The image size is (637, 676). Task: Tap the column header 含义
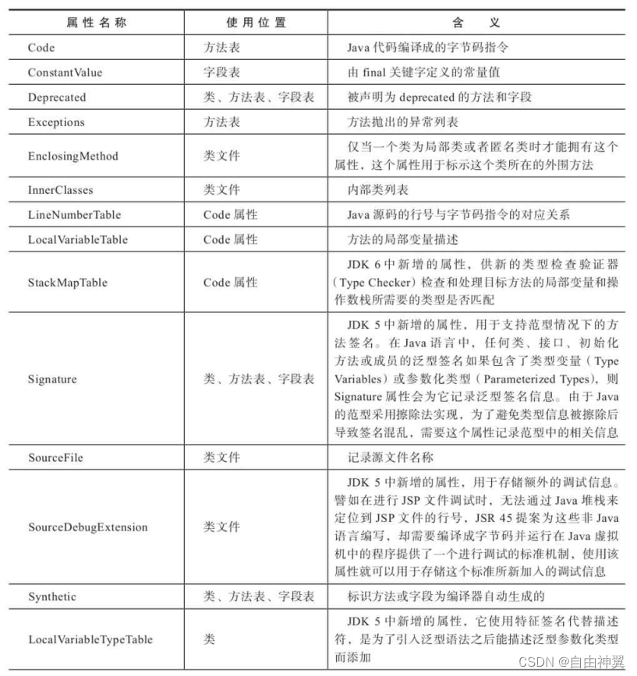tap(479, 23)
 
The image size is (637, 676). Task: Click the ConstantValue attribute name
tap(65, 72)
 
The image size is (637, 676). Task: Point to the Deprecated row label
tap(57, 97)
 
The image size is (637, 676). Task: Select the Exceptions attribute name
tap(56, 122)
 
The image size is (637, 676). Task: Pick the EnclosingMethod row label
tap(73, 156)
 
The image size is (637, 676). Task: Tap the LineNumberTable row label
tap(74, 214)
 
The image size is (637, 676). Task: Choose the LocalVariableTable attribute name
tap(77, 239)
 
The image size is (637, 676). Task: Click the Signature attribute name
tap(52, 379)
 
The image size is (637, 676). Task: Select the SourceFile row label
tap(55, 457)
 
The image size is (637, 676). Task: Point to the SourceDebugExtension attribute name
tap(87, 527)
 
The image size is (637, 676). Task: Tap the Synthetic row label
tap(52, 597)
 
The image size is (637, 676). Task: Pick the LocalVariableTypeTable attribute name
tap(90, 639)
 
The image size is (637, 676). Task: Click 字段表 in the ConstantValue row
tap(222, 72)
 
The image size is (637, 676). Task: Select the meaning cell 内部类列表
tap(377, 189)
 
